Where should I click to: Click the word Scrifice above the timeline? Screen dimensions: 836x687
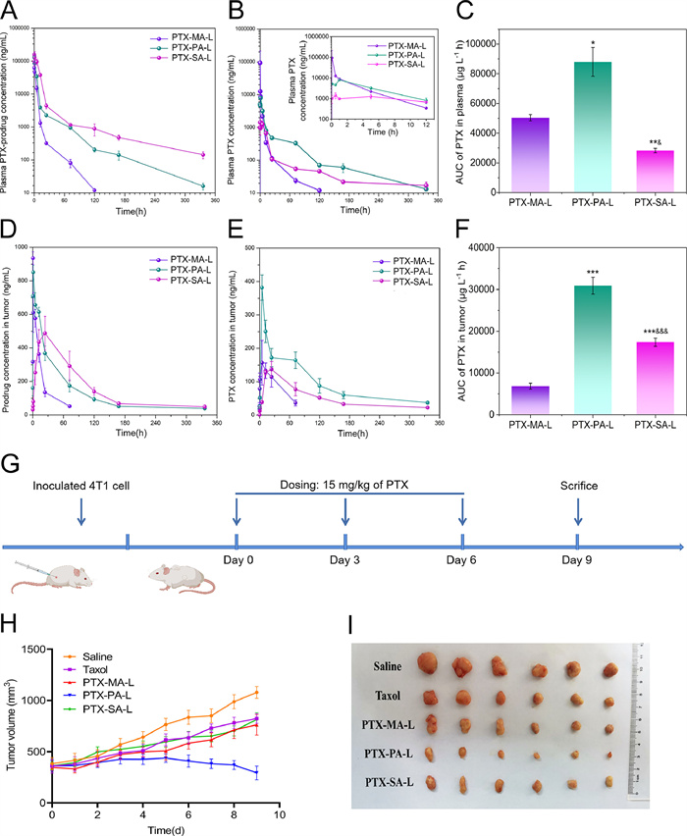(577, 486)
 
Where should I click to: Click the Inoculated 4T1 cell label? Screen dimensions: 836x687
(80, 488)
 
